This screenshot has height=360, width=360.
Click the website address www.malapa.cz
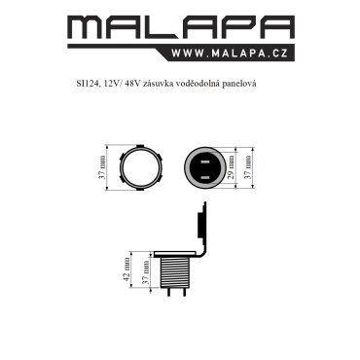tap(230, 54)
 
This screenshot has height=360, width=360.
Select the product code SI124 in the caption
tap(87, 84)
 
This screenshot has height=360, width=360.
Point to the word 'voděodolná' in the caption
tap(198, 84)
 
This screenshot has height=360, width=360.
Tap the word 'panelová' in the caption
tap(239, 84)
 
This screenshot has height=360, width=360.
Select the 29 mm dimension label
tap(231, 167)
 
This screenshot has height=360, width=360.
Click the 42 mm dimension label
tap(127, 270)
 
